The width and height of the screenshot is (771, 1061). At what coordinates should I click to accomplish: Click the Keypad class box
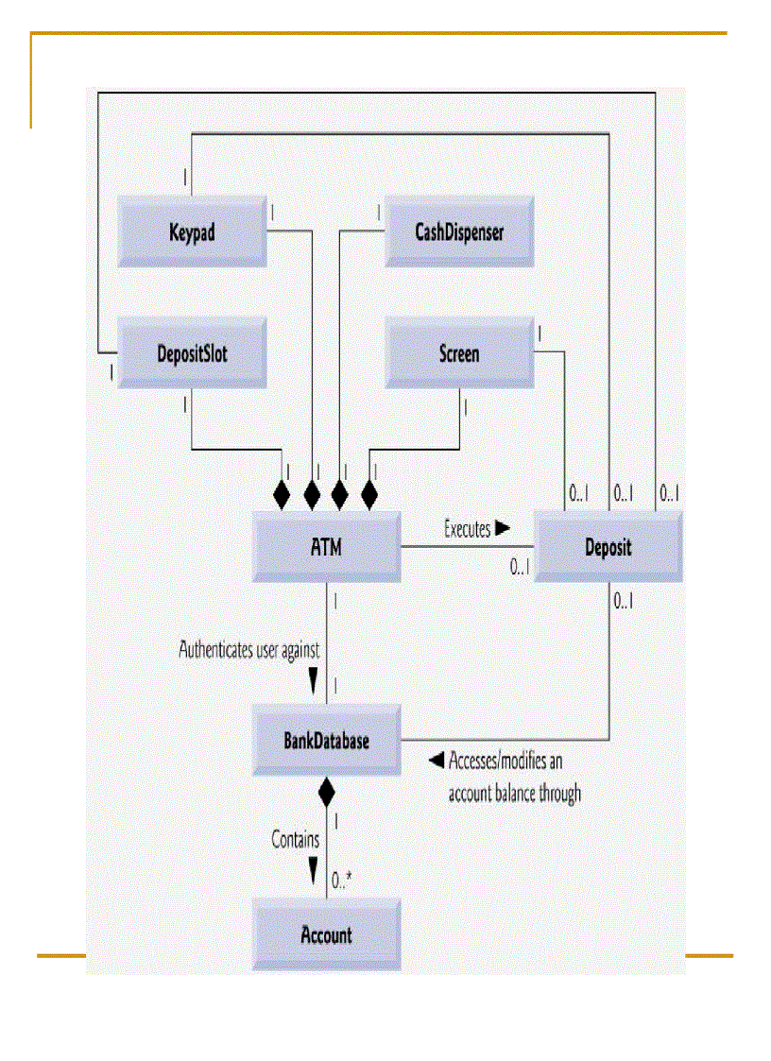(192, 231)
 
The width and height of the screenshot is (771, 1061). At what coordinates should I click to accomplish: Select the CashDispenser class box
(458, 231)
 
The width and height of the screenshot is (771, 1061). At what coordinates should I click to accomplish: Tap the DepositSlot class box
(192, 354)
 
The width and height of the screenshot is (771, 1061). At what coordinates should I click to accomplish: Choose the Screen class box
(458, 354)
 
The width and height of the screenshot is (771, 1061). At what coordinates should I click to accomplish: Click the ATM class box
(326, 547)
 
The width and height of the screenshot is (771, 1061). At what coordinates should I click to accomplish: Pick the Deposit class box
(608, 547)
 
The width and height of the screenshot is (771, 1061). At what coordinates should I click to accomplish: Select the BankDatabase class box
(326, 740)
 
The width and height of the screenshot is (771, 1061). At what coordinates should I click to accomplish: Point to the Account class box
(326, 935)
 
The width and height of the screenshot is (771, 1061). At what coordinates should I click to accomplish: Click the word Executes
(467, 529)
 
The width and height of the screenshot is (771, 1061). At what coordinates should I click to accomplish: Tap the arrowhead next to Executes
(502, 528)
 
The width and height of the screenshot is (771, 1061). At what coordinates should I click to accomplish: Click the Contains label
(295, 839)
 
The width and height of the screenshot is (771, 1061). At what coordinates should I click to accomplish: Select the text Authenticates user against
(249, 650)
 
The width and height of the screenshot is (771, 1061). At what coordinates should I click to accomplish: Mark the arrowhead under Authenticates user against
(314, 680)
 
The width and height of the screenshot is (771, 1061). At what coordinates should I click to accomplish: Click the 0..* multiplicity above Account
(342, 881)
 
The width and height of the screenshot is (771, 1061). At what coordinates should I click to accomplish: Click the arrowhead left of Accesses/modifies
(436, 760)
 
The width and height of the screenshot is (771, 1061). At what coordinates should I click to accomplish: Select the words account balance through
(514, 794)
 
